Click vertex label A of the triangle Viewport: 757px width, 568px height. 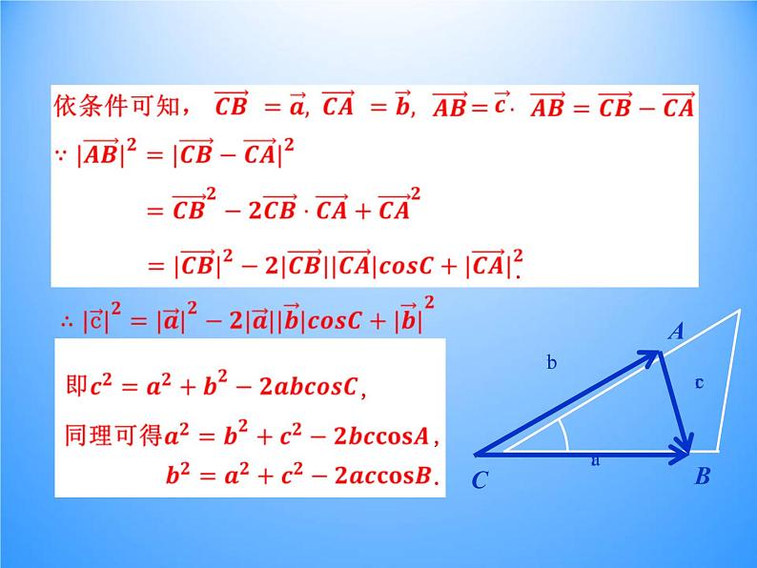676,332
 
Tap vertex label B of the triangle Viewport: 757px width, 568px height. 702,477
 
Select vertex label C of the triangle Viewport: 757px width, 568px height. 480,481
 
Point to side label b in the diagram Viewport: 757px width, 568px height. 551,361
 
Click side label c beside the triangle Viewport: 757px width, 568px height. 699,382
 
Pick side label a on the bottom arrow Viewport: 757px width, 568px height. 596,460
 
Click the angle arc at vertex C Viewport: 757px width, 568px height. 565,436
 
